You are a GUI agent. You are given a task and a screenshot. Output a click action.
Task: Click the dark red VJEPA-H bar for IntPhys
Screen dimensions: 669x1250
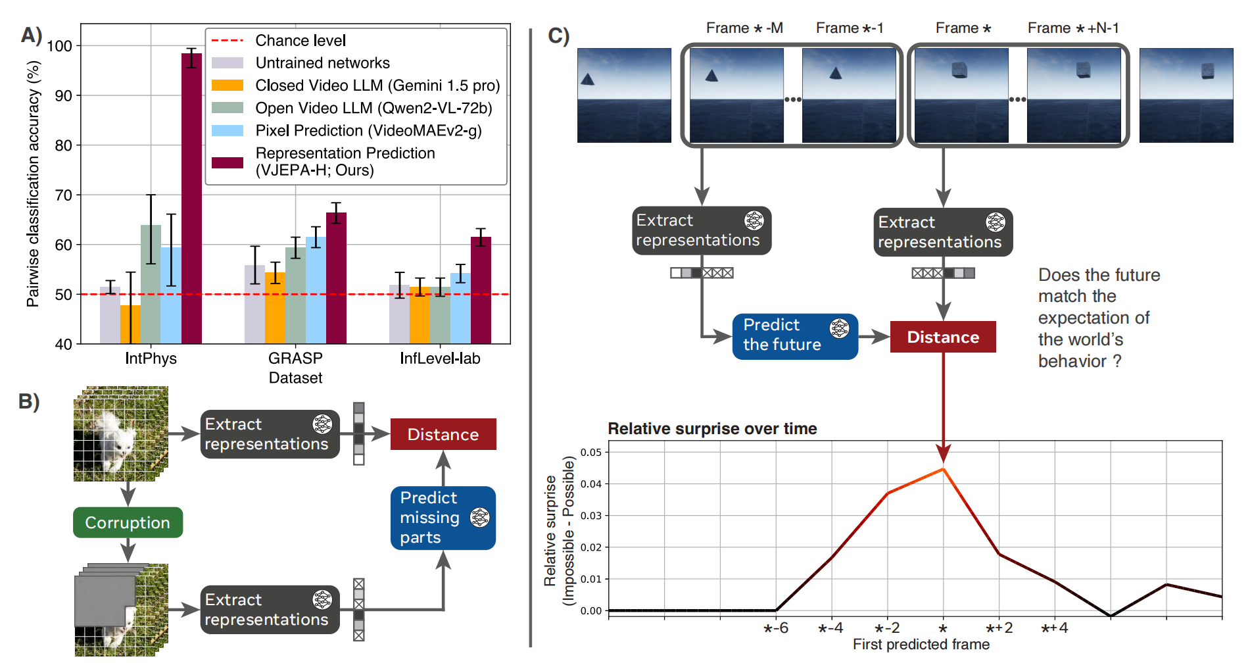tap(191, 197)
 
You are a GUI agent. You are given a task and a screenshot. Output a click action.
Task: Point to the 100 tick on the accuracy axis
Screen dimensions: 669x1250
tap(60, 46)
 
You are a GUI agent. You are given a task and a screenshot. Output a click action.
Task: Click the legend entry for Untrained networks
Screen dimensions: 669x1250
tap(322, 63)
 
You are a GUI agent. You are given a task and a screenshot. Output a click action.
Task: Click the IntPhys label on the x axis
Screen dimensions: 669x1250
tap(151, 359)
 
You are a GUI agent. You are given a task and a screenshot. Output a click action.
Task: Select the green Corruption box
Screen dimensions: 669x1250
tap(128, 522)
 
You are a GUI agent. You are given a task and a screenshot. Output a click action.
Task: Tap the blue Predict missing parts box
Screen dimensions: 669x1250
tap(443, 518)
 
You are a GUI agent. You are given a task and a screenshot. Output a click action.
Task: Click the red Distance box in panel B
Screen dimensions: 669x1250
tap(443, 434)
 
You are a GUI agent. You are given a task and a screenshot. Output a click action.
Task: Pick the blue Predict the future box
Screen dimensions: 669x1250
tap(794, 336)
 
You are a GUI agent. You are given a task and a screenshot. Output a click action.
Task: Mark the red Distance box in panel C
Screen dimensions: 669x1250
tap(942, 337)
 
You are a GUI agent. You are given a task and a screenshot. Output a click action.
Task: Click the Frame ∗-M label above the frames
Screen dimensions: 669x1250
tap(744, 28)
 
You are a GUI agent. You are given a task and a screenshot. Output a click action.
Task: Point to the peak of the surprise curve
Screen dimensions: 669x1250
tap(943, 469)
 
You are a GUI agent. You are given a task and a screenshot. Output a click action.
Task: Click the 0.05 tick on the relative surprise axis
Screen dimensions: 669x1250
tap(590, 453)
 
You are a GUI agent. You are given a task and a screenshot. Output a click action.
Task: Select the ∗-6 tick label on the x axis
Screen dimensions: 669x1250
tap(776, 628)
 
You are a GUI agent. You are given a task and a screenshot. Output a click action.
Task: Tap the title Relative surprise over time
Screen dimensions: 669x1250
tap(712, 429)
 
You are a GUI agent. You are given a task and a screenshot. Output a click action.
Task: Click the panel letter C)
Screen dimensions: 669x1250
tap(558, 36)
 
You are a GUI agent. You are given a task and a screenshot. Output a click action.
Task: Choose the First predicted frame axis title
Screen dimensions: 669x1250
tap(921, 645)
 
